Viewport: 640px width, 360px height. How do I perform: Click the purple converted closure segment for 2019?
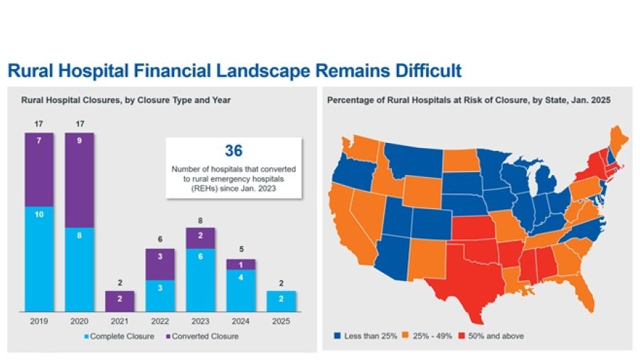coord(39,169)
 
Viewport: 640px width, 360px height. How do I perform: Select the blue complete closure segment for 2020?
coord(80,269)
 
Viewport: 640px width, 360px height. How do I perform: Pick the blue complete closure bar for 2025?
coord(281,301)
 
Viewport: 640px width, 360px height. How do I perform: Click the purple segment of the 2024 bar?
coord(240,264)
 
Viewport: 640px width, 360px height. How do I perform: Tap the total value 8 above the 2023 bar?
coord(201,221)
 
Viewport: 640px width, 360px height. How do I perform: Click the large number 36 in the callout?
coord(234,152)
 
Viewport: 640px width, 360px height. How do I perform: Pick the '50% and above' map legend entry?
coord(497,335)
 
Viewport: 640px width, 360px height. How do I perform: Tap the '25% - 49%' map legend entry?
coord(431,335)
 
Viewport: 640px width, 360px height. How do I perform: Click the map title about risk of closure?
coord(469,101)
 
